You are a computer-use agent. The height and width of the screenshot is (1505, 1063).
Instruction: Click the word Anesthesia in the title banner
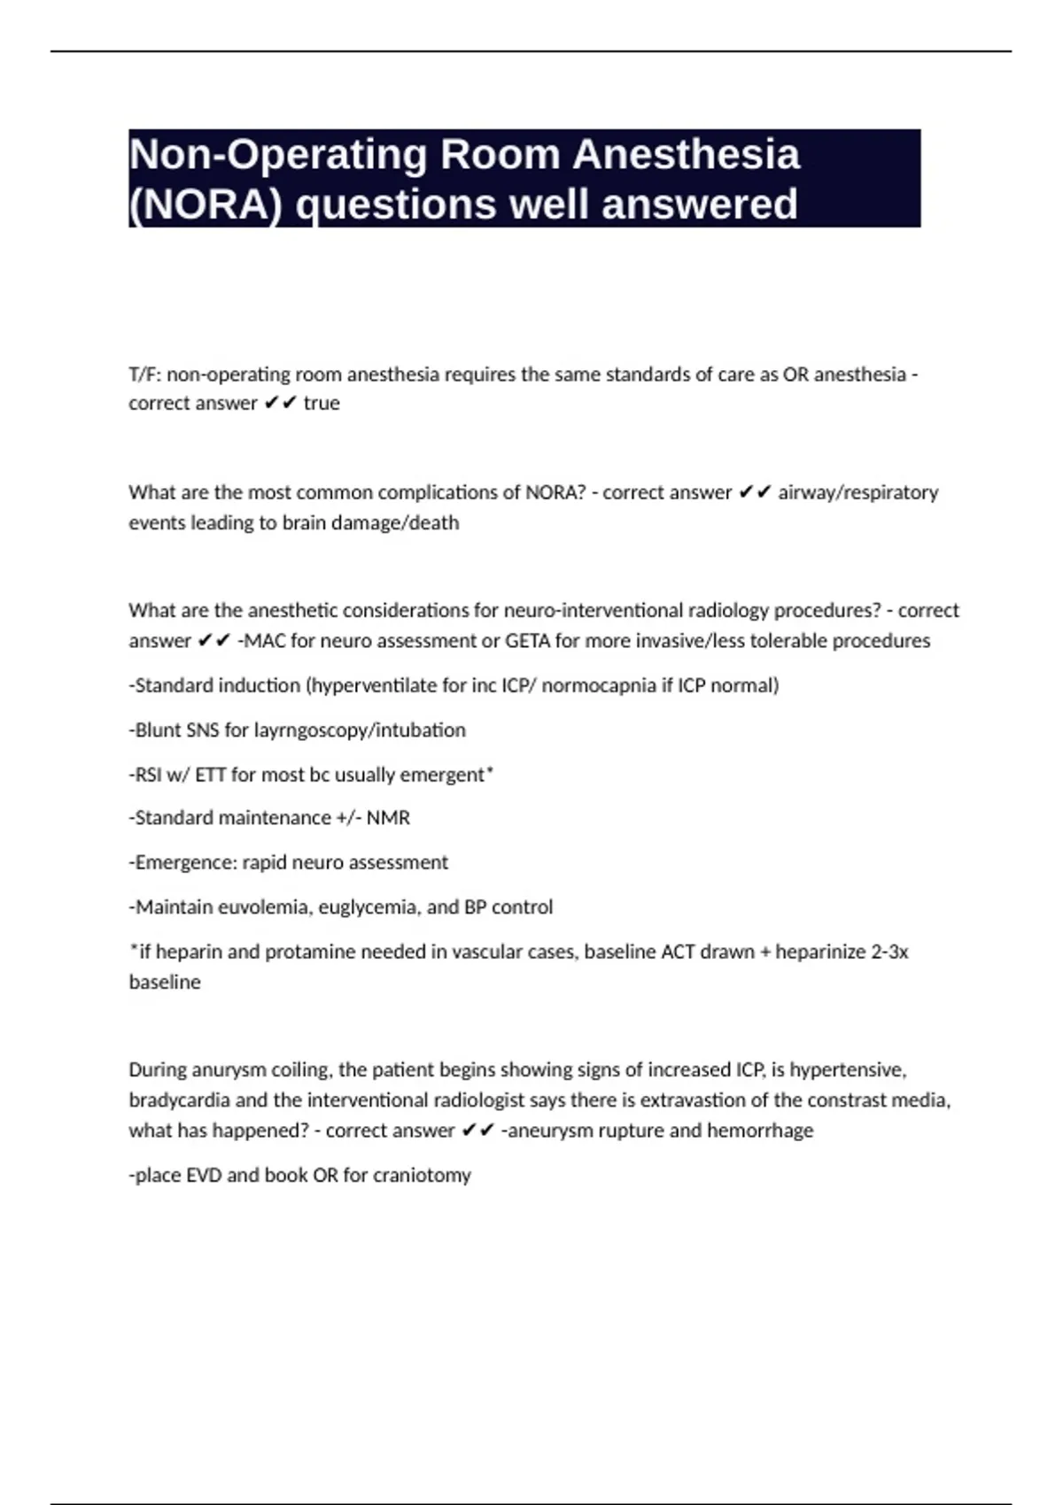687,155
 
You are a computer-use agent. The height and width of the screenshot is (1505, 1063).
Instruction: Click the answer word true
322,404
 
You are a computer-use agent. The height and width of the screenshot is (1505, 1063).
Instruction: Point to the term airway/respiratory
857,492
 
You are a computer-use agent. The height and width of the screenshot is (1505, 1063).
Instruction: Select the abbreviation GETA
528,641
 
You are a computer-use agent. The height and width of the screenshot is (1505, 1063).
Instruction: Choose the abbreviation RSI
148,775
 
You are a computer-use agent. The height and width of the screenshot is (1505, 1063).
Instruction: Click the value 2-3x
889,952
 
